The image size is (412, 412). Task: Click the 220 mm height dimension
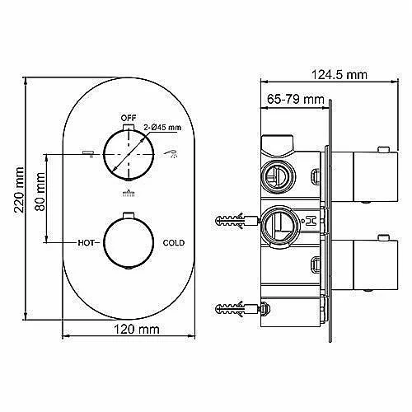19,190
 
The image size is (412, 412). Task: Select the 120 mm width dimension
137,329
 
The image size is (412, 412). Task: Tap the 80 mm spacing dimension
40,191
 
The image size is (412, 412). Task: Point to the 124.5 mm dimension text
339,74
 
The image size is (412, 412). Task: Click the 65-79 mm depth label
296,99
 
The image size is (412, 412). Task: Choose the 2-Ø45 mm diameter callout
162,128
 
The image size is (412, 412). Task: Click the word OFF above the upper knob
129,118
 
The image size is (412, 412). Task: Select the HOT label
86,243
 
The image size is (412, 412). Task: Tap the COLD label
174,243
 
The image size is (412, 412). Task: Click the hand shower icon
171,153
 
